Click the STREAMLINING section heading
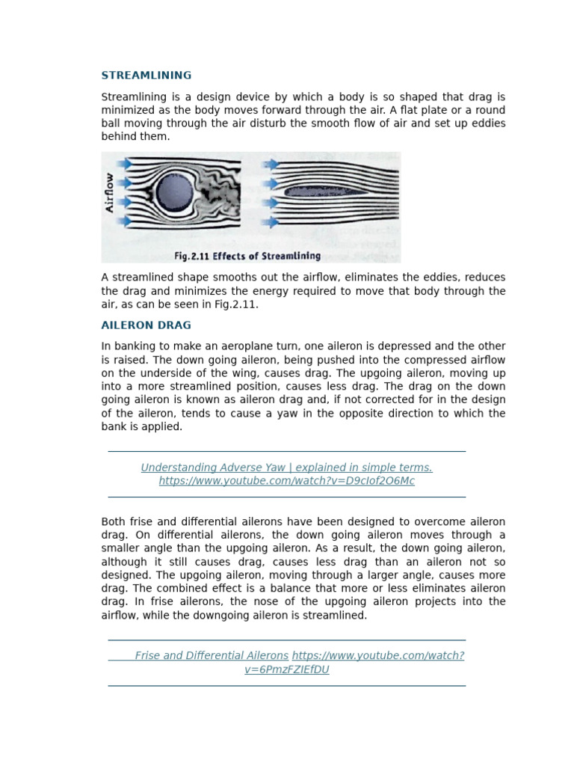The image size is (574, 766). [146, 76]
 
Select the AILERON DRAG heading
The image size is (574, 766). [146, 325]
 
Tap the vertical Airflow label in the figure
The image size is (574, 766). [111, 193]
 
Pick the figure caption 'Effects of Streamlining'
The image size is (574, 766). [247, 256]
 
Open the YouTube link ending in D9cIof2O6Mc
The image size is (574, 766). [286, 481]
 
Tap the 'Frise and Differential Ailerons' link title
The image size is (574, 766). [212, 656]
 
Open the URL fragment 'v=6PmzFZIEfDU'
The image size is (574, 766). [286, 670]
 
